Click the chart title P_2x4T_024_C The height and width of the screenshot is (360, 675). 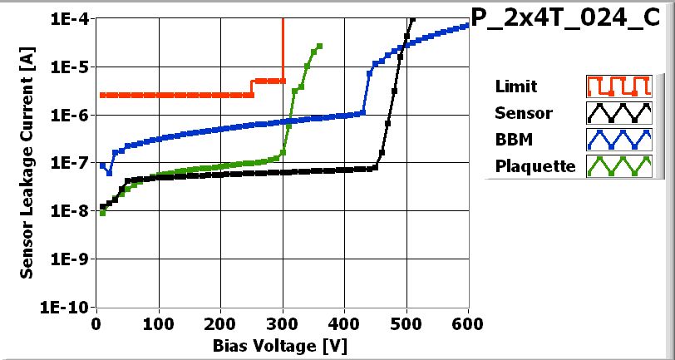(570, 19)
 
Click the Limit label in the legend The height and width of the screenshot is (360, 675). (515, 86)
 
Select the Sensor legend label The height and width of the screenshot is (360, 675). (523, 113)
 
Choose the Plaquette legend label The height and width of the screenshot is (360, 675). (535, 165)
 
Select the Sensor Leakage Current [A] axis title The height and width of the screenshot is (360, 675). (27, 162)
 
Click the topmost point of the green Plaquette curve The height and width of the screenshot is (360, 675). (320, 46)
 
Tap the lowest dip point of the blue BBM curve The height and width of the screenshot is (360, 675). (109, 173)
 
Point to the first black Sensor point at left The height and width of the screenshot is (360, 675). (102, 207)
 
